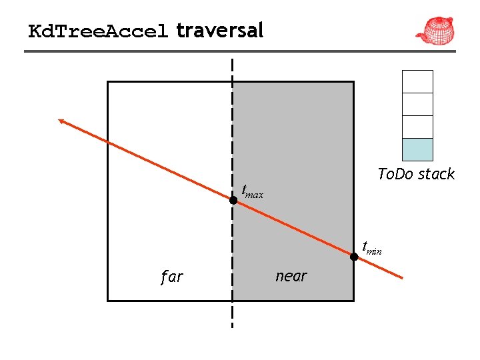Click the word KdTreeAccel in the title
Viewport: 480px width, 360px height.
pos(98,31)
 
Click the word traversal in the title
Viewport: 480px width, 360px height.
pos(220,30)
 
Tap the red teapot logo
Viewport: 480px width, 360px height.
pos(435,30)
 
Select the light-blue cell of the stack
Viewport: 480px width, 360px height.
pos(418,149)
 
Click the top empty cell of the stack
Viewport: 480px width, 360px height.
pos(418,81)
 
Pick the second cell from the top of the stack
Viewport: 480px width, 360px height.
pos(418,104)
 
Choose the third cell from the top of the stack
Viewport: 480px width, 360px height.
pos(418,127)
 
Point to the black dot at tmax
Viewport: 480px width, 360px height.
pos(233,199)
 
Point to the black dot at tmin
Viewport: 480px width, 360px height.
pos(354,255)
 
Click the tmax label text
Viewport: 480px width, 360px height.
pos(252,193)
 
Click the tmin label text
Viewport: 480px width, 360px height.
pos(371,248)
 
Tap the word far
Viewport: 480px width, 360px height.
pos(171,277)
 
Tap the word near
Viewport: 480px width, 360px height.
pos(291,276)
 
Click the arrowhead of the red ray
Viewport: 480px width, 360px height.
pos(61,121)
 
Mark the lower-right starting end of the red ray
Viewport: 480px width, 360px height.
pos(402,277)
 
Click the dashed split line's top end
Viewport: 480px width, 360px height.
pos(233,61)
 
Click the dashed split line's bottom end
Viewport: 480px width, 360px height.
pos(233,325)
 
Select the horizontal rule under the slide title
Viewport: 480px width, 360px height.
pos(240,51)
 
